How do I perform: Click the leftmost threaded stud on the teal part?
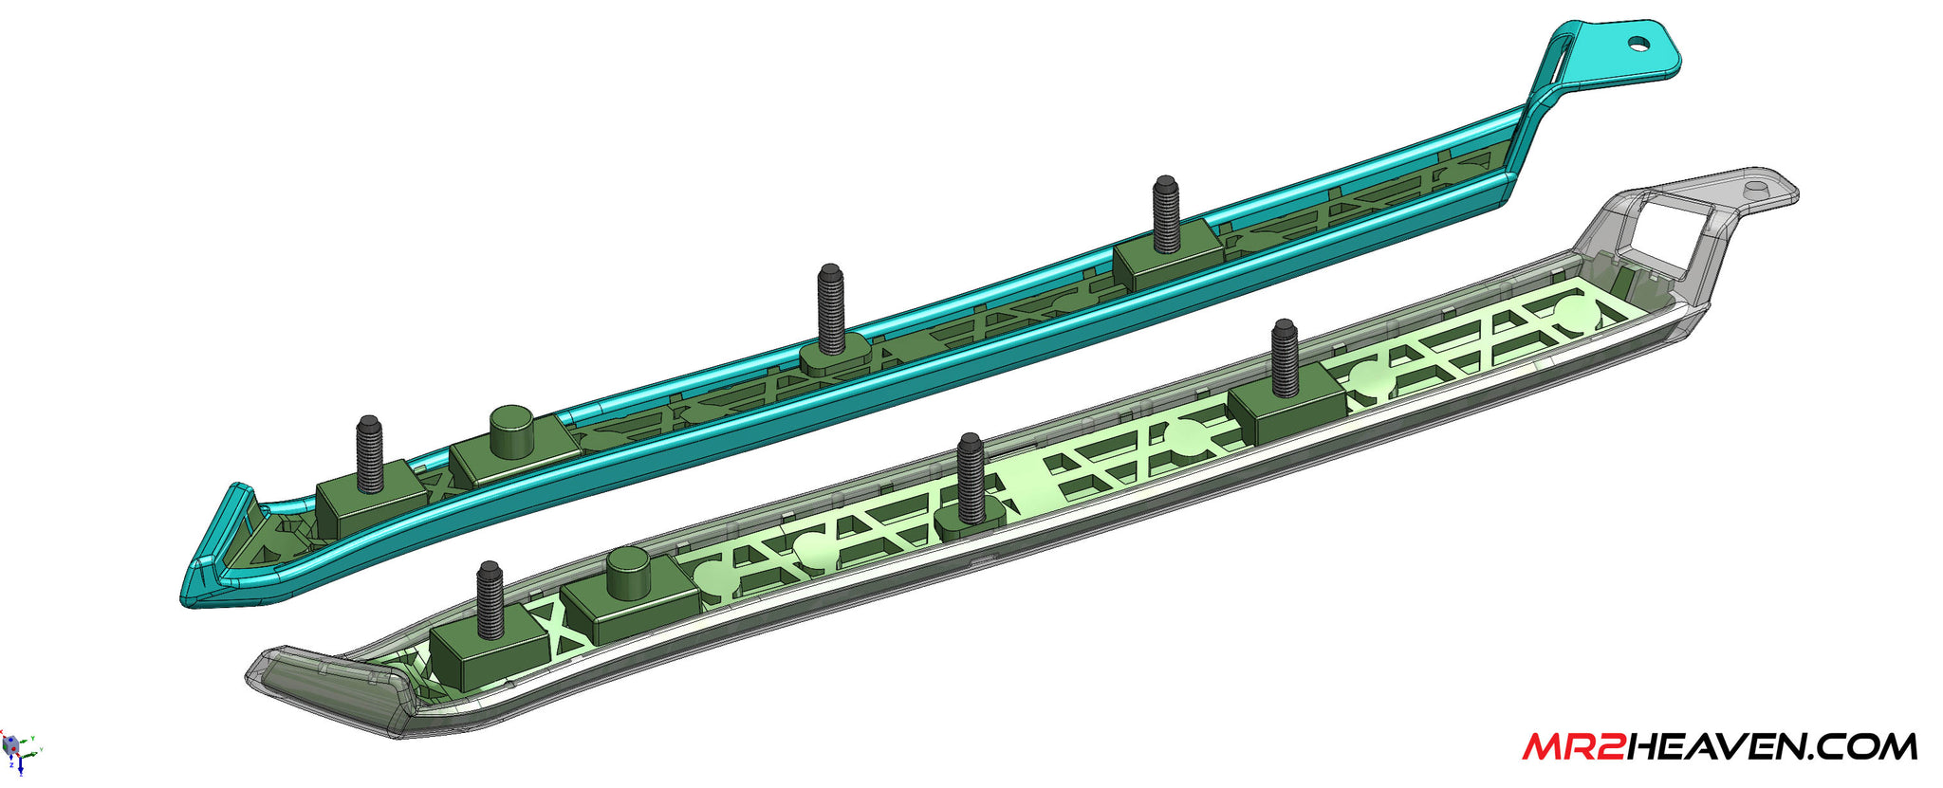[x=370, y=454]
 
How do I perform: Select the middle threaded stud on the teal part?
[x=831, y=308]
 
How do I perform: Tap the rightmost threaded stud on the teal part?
[x=1166, y=213]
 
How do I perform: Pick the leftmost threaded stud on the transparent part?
[x=490, y=599]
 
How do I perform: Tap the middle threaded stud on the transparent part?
[x=971, y=479]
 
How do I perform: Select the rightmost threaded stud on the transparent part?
[x=1285, y=357]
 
